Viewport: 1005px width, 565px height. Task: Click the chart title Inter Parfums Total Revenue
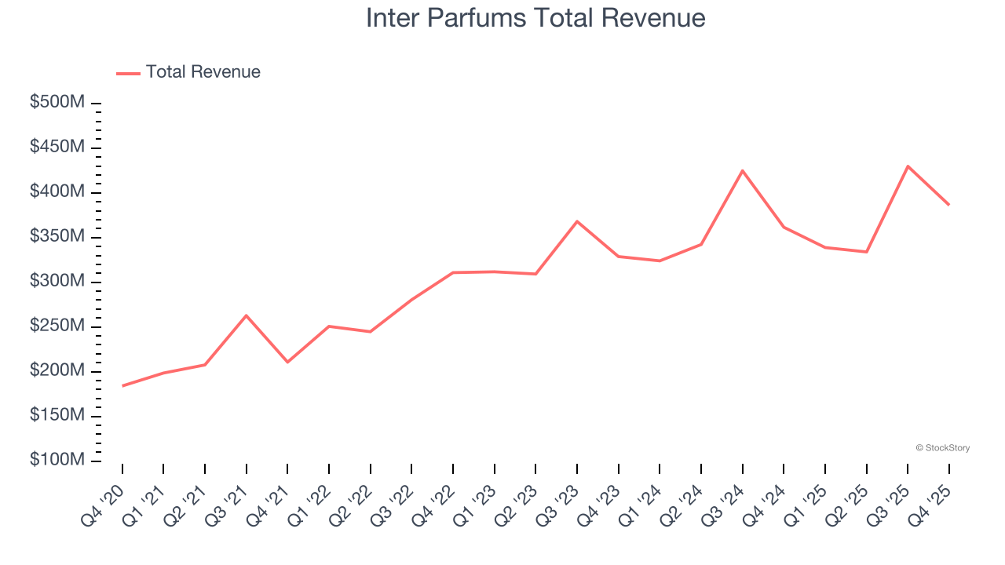[x=535, y=18]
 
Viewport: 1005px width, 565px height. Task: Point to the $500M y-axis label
[x=57, y=103]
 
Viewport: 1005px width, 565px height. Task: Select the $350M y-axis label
[x=57, y=237]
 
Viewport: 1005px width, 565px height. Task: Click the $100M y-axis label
[x=57, y=460]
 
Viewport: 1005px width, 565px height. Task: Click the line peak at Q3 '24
[x=742, y=170]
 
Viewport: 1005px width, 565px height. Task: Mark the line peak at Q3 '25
[x=908, y=166]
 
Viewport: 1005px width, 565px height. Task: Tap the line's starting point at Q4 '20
[x=122, y=386]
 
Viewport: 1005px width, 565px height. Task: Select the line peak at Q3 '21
[x=247, y=315]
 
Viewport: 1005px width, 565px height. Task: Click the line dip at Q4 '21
[x=287, y=362]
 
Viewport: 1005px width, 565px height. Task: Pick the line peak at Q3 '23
[x=577, y=221]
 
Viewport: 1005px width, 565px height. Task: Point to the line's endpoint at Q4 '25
[x=948, y=205]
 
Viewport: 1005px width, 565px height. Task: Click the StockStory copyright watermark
[x=942, y=448]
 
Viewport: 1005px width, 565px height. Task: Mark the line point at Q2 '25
[x=866, y=252]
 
